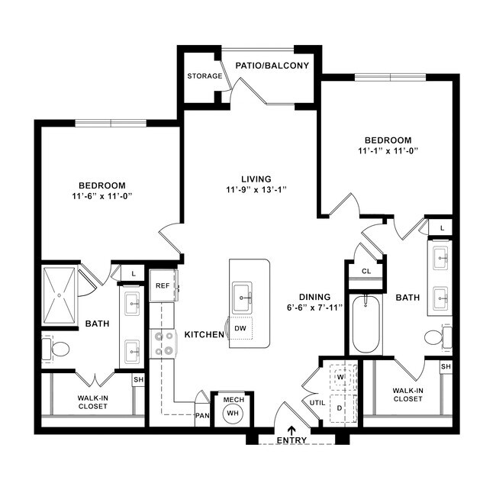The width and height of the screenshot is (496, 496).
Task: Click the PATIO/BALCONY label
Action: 272,66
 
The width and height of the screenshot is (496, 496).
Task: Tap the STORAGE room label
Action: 205,76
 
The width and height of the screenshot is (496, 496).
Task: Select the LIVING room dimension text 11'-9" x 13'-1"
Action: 256,189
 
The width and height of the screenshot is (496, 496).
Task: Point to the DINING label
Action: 314,297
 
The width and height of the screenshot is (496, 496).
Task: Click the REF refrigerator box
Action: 163,285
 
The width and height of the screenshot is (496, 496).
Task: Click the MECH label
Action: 232,399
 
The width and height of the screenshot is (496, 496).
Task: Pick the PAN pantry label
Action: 202,417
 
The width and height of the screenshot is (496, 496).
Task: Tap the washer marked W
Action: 341,376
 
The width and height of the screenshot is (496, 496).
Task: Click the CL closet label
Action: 366,271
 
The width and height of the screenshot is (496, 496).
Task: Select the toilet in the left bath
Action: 57,349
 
